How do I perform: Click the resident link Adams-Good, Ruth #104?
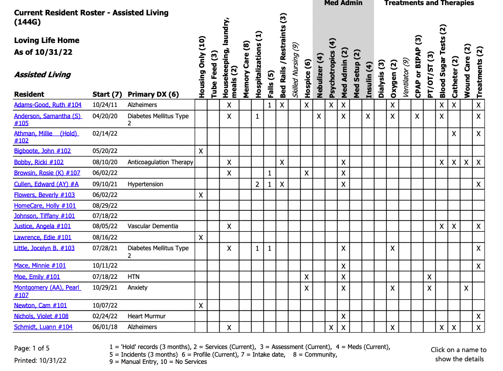click(48, 105)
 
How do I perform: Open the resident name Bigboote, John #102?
click(42, 151)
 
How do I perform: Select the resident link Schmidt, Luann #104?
click(43, 327)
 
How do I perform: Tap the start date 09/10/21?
click(105, 184)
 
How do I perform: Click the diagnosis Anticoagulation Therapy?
click(160, 162)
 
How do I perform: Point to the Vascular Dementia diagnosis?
click(153, 226)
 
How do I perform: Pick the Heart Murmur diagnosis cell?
click(147, 316)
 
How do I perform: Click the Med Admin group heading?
click(343, 3)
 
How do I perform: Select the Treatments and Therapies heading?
click(429, 3)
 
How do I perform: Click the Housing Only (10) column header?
click(202, 67)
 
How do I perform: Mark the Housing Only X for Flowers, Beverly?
click(201, 195)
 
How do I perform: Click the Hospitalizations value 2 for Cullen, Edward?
click(257, 184)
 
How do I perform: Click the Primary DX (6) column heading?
click(153, 94)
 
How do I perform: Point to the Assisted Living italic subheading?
click(42, 75)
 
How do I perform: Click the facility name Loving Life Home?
click(47, 40)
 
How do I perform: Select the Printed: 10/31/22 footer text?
click(40, 360)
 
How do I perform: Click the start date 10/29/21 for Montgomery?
click(105, 288)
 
